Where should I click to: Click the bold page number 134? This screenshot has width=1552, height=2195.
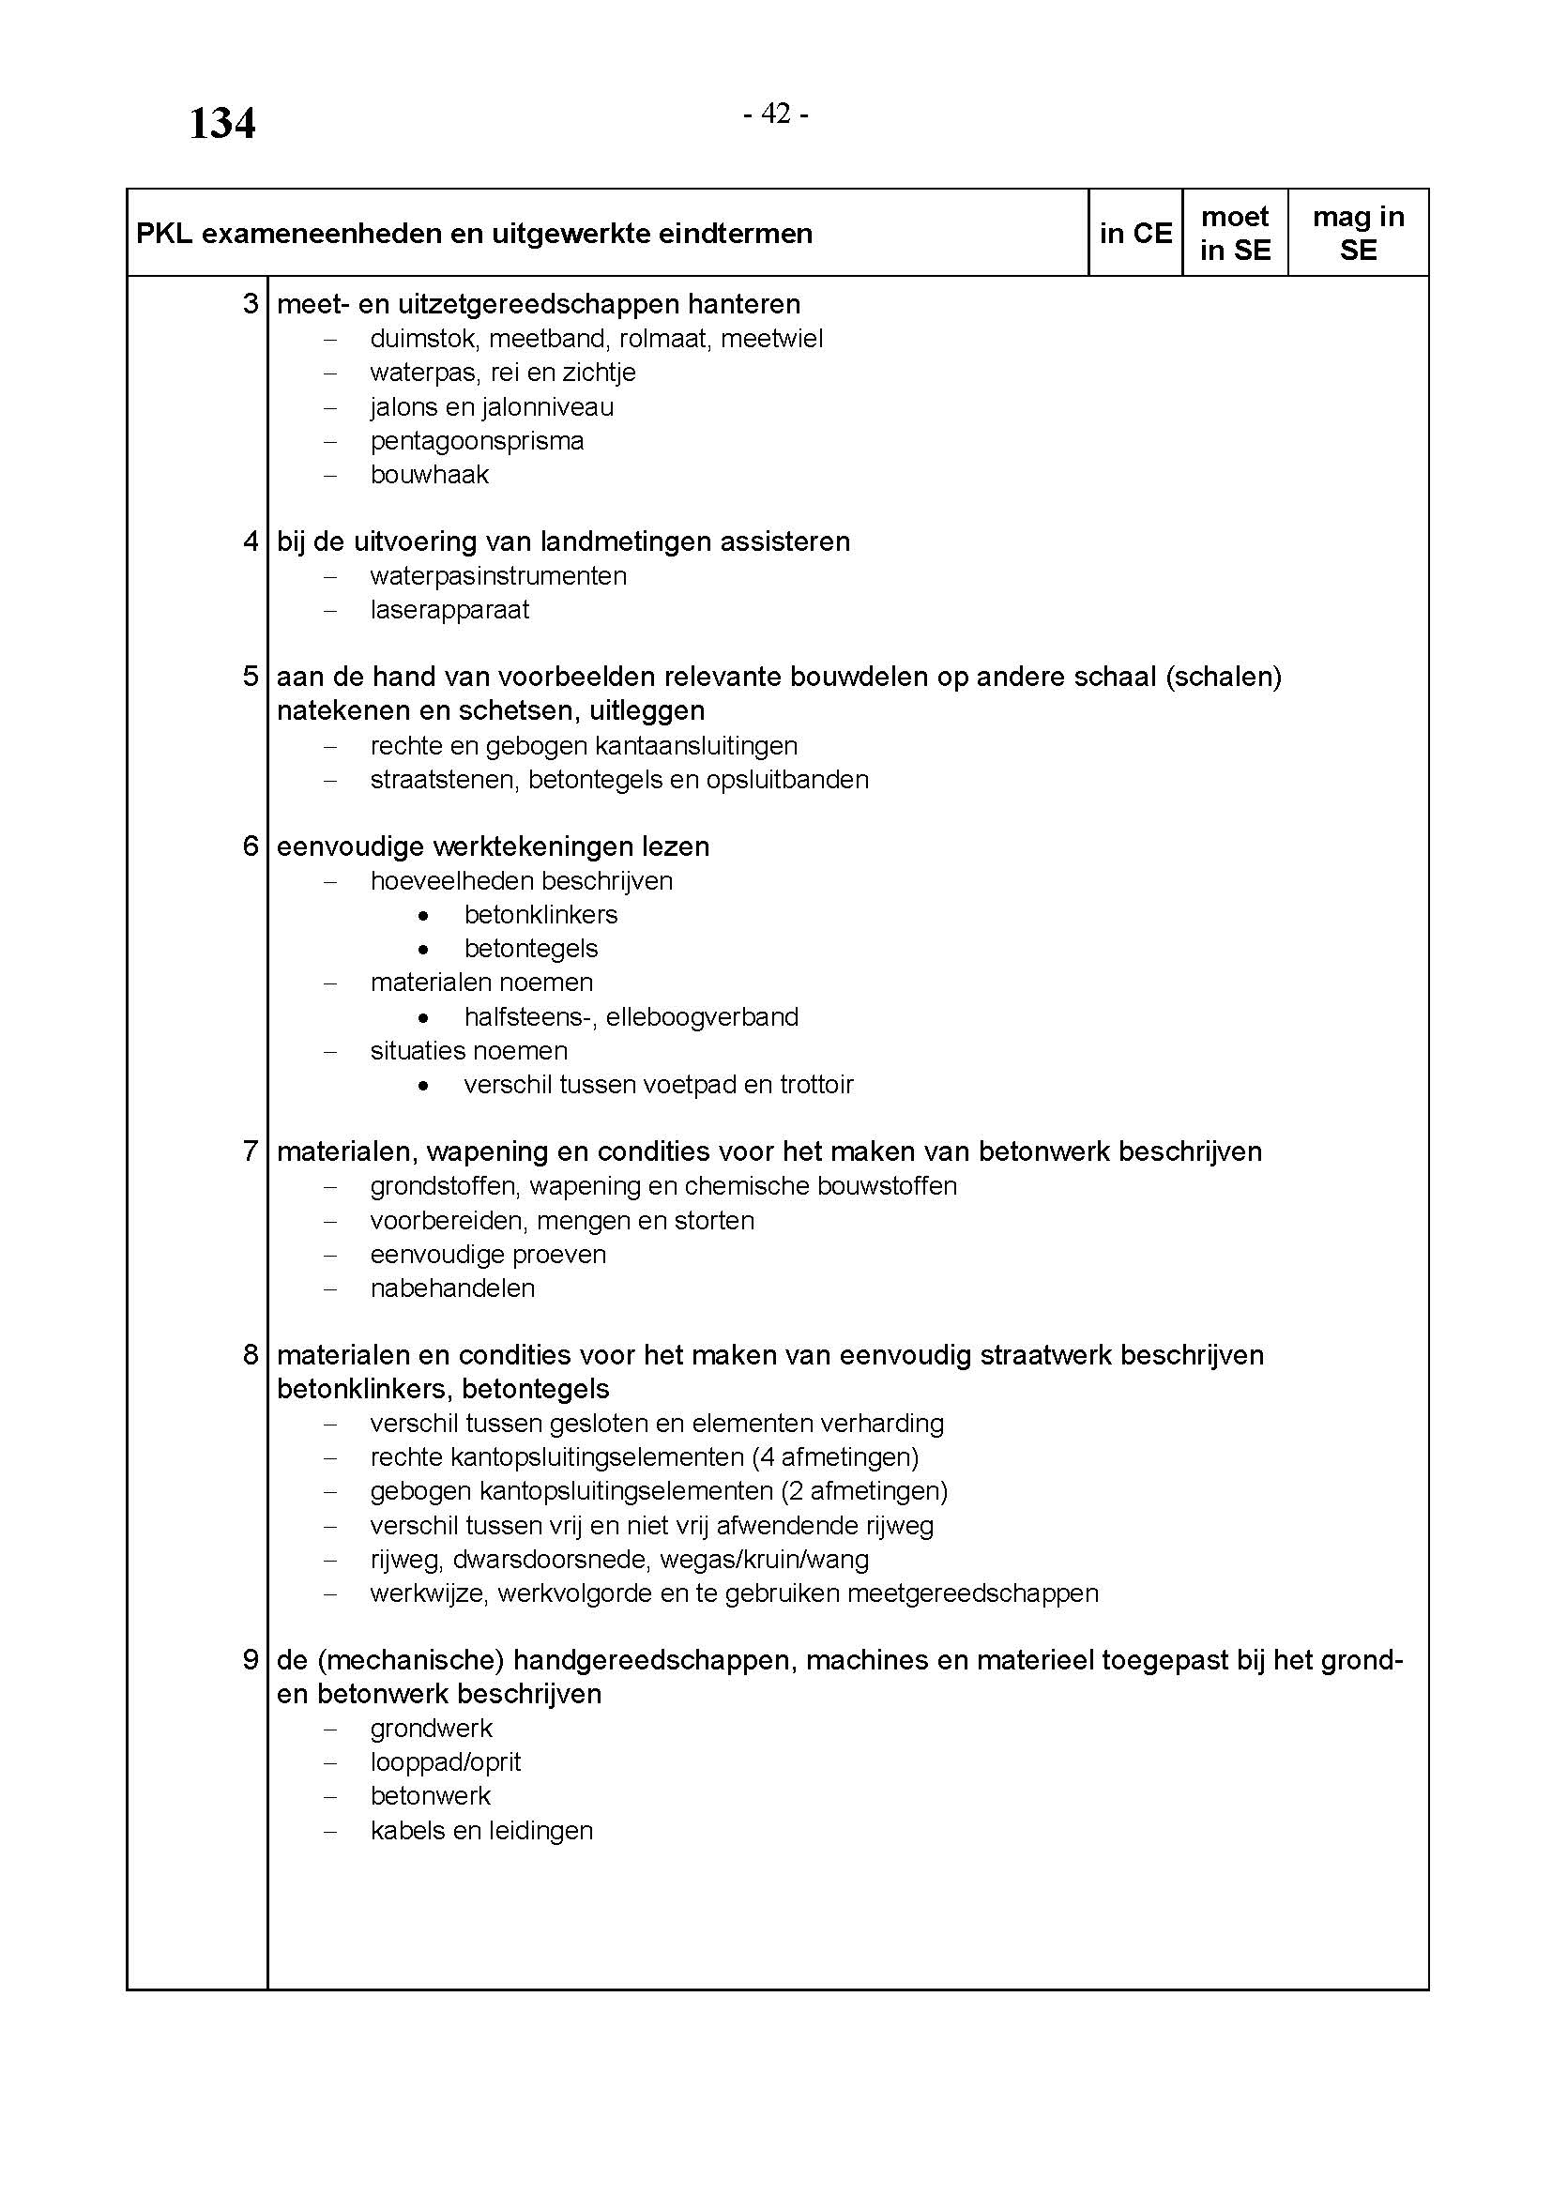(x=221, y=124)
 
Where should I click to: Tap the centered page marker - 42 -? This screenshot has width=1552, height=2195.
(x=776, y=114)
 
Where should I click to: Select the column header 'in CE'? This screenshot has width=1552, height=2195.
(x=1135, y=234)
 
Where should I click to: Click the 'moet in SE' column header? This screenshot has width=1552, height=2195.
(x=1235, y=234)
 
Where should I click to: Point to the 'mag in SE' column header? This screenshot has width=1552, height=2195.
(x=1358, y=234)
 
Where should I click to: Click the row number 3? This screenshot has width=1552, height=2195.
(x=251, y=304)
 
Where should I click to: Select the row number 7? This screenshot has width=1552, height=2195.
(x=251, y=1151)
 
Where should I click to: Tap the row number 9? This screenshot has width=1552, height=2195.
(x=251, y=1661)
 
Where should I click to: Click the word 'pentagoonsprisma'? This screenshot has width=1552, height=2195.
(x=477, y=441)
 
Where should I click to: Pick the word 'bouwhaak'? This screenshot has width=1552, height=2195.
(x=429, y=475)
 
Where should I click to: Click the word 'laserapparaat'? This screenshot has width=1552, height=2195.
(x=449, y=610)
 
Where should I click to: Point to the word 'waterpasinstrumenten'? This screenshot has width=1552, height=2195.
(x=498, y=576)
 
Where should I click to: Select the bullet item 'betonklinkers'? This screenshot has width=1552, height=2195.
(x=540, y=915)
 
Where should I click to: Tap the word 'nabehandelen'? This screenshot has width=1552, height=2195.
(x=452, y=1288)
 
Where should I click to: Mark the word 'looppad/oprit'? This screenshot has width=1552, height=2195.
(x=446, y=1762)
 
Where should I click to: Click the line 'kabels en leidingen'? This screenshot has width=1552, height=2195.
(x=481, y=1831)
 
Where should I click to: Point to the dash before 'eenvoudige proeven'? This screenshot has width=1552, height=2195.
(x=330, y=1256)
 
